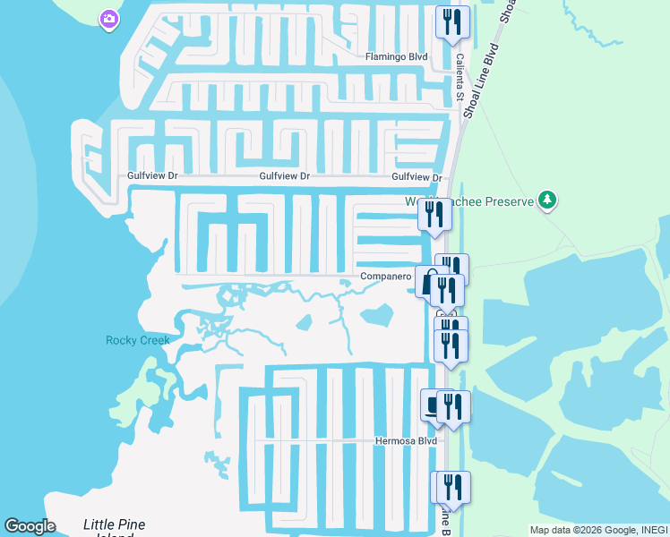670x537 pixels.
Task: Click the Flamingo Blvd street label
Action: click(396, 56)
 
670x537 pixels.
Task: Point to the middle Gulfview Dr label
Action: click(284, 177)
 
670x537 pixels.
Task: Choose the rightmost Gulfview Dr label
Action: click(417, 177)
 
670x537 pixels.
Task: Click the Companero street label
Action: click(385, 277)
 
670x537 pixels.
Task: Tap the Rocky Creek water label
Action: click(137, 340)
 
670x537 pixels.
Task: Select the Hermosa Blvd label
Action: click(406, 441)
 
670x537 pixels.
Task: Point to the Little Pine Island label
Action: click(114, 526)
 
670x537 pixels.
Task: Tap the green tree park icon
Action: click(547, 200)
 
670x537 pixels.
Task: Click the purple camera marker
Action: click(109, 19)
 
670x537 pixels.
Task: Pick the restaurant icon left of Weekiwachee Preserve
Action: click(435, 214)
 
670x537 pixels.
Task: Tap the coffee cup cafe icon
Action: click(434, 405)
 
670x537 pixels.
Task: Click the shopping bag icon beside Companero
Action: click(428, 278)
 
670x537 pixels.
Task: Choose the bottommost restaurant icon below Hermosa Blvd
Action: click(452, 487)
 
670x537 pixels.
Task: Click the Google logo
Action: click(30, 526)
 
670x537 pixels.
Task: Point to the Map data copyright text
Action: click(599, 530)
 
